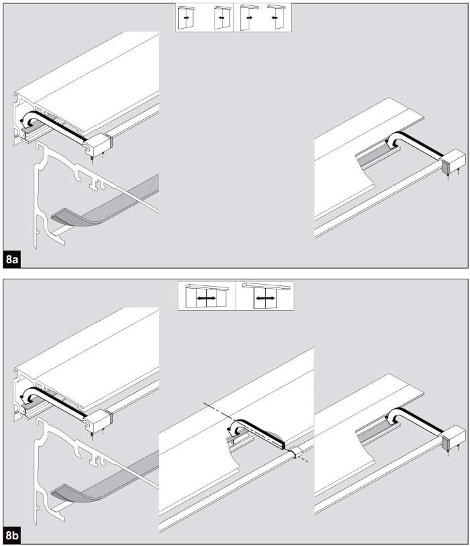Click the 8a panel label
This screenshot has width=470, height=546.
click(x=12, y=259)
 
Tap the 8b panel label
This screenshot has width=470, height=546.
click(x=12, y=535)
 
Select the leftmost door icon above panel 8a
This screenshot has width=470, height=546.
click(x=186, y=17)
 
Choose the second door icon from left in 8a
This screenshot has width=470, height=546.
click(x=223, y=17)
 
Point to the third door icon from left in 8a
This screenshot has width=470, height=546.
click(x=249, y=17)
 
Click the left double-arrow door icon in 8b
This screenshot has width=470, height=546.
click(x=207, y=296)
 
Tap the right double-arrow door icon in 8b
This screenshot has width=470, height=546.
click(x=266, y=295)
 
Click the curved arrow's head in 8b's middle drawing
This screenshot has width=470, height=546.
click(x=231, y=431)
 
